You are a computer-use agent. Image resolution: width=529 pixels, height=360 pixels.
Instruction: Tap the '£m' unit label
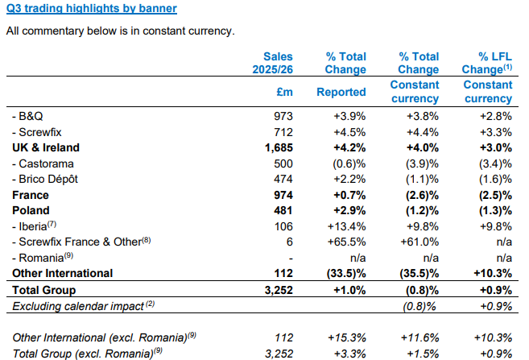point(284,92)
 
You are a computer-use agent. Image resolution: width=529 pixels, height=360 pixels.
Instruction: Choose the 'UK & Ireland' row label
point(46,147)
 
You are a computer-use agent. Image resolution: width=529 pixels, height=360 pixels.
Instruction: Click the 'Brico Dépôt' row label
point(47,178)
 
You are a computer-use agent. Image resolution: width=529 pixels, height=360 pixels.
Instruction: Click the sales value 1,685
point(278,147)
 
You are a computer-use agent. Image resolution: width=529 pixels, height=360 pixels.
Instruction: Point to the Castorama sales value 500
point(283,163)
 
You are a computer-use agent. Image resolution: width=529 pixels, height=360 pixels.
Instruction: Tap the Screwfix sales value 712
point(283,132)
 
